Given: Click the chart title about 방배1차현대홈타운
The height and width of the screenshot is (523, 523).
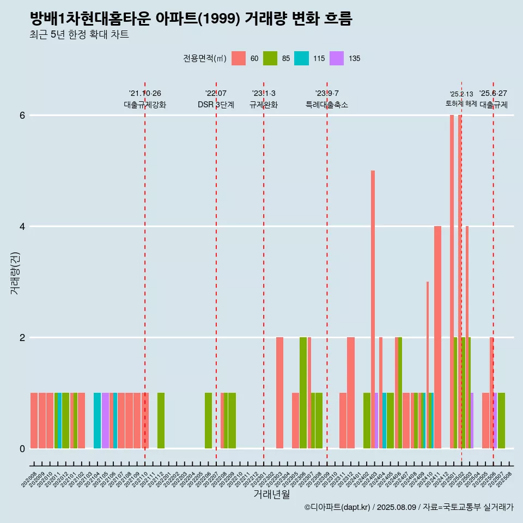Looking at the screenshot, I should tap(191, 19).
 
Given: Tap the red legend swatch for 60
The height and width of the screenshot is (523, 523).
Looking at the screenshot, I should tap(239, 58).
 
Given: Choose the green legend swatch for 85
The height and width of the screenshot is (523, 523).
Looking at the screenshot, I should tap(270, 58).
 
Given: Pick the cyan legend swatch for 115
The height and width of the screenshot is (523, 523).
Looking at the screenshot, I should tap(301, 58).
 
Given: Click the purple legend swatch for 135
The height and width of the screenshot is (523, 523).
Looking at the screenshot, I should tap(337, 58).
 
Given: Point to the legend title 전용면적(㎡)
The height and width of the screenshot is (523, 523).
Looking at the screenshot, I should tap(205, 58).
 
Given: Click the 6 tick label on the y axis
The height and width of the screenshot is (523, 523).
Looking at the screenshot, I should tap(22, 115).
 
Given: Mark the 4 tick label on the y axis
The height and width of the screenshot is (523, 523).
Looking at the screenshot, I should tap(22, 227).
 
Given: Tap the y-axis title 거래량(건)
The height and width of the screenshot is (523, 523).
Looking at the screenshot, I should tap(15, 272).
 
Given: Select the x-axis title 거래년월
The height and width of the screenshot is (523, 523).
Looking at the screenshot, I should tap(271, 494).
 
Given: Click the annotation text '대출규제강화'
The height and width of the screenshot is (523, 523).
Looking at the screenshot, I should tap(145, 105).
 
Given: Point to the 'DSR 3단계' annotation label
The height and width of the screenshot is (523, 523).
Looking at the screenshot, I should tap(216, 105).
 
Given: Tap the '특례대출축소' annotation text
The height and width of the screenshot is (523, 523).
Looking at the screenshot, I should tap(327, 105).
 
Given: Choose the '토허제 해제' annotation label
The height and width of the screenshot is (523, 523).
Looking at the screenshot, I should tap(461, 104).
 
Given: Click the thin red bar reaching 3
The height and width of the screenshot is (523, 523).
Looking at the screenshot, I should tap(428, 365).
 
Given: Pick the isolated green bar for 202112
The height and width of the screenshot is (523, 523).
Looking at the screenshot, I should tap(161, 421).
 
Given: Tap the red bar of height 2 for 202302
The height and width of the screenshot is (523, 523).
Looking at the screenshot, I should tap(279, 392).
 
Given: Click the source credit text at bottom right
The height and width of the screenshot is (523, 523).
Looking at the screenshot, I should tap(409, 507).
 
